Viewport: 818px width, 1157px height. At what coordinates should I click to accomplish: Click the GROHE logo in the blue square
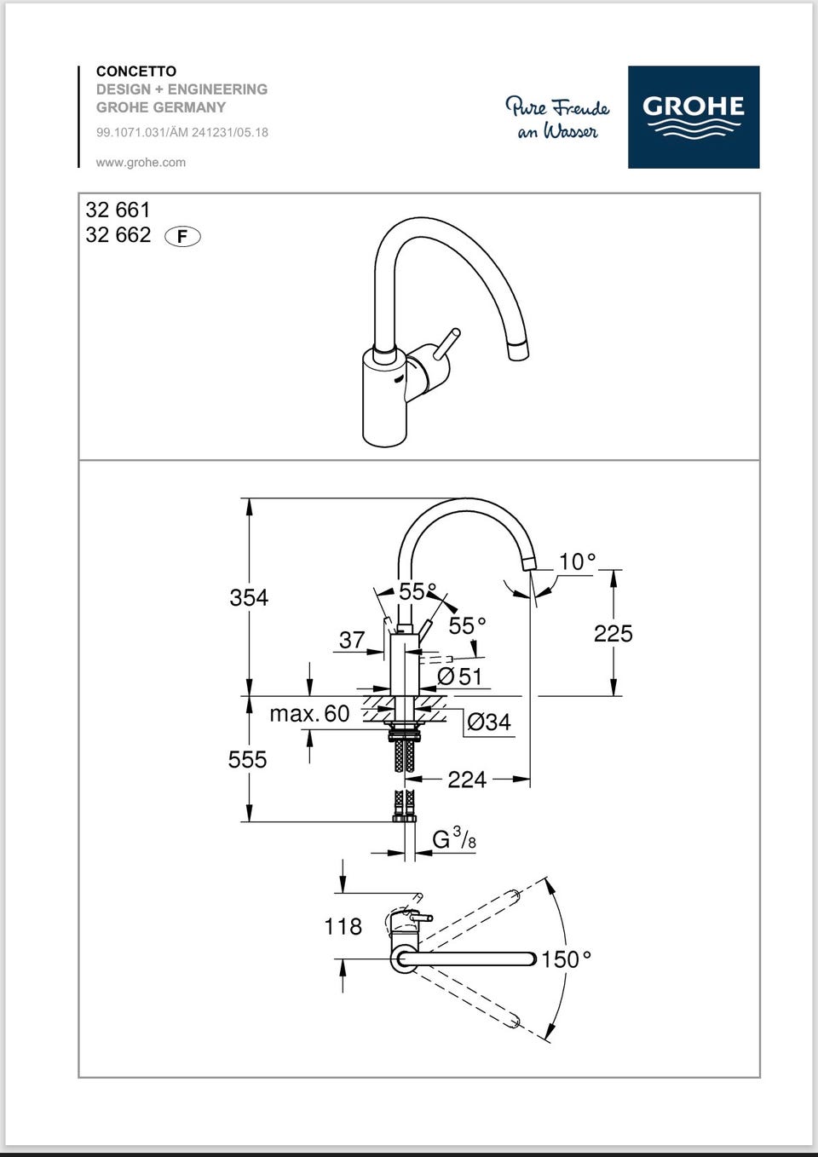coord(693,117)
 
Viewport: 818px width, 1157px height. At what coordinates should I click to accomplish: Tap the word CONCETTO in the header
coord(136,72)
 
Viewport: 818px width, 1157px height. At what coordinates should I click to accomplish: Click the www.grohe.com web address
coord(141,162)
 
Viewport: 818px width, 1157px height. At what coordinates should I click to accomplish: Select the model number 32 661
coord(118,210)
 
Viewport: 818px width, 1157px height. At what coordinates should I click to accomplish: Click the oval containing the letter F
coord(182,237)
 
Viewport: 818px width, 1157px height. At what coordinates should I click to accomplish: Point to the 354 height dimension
coord(249,597)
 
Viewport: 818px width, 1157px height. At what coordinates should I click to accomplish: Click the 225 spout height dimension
coord(613,633)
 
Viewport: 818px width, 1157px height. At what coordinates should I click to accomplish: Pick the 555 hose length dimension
coord(247,759)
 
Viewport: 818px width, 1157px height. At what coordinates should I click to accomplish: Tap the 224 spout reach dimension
coord(467,780)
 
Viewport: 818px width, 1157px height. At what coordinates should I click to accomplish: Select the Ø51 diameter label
coord(459,676)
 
